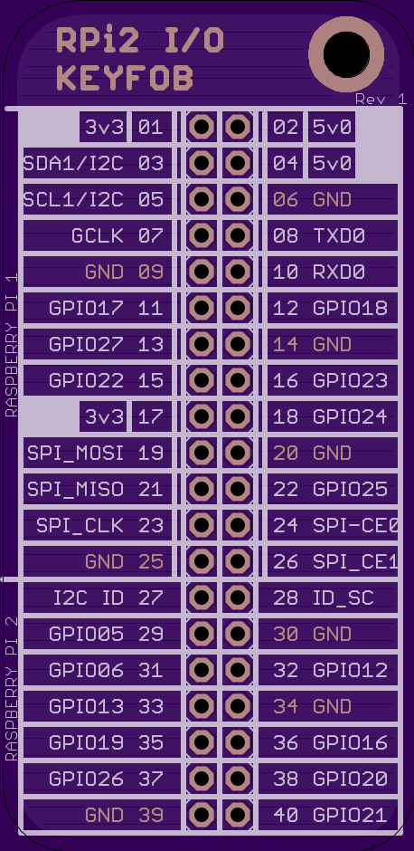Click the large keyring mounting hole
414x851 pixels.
[x=346, y=54]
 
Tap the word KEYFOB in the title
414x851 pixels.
[x=125, y=78]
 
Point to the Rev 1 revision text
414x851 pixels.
[x=381, y=99]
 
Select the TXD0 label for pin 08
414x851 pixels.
[x=339, y=235]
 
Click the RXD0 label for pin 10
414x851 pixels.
[x=339, y=272]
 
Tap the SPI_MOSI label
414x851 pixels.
[x=75, y=454]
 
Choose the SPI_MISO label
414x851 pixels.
[x=75, y=490]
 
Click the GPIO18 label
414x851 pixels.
[x=350, y=309]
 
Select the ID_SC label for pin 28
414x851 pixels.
[x=343, y=598]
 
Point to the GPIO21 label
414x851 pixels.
[x=350, y=815]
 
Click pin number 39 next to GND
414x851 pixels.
[x=151, y=815]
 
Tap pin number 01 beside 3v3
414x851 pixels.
[x=151, y=128]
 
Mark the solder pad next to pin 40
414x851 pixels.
[x=237, y=815]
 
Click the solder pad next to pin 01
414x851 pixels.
[x=202, y=128]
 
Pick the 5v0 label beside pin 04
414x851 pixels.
[x=332, y=163]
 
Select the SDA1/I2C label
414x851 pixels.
[x=73, y=163]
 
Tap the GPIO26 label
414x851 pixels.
[x=86, y=779]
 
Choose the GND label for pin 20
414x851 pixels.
[x=332, y=454]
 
